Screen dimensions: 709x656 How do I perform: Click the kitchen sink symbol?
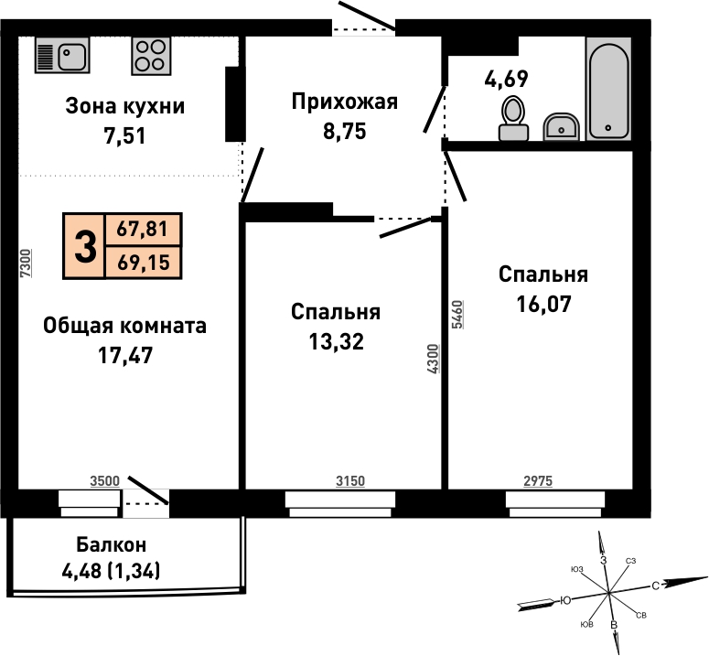[x=62, y=55]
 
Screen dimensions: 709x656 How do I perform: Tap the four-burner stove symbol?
[x=152, y=56]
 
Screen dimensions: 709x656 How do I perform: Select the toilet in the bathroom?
[x=513, y=118]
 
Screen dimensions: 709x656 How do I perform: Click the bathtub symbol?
[x=608, y=89]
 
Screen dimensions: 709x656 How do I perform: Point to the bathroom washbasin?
[x=561, y=126]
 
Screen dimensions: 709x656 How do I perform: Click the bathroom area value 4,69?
[x=506, y=79]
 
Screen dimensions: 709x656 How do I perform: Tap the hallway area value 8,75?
[x=345, y=132]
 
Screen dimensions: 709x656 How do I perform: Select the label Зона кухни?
[x=124, y=106]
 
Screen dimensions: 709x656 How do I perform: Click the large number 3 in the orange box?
[x=85, y=246]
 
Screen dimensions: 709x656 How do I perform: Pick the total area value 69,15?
[x=144, y=263]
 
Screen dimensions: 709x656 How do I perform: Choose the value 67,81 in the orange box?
[x=143, y=229]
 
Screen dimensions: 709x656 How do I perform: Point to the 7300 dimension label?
[x=27, y=263]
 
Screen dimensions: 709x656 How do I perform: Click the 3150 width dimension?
[x=350, y=481]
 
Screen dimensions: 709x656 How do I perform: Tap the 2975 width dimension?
[x=538, y=481]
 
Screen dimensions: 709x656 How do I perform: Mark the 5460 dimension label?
[x=457, y=314]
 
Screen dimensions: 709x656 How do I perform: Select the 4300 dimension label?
[x=433, y=359]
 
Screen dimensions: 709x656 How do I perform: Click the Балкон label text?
[x=112, y=544]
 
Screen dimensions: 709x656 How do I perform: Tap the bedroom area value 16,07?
[x=544, y=304]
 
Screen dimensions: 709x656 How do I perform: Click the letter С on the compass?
[x=655, y=586]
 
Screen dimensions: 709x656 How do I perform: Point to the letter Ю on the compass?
[x=565, y=600]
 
